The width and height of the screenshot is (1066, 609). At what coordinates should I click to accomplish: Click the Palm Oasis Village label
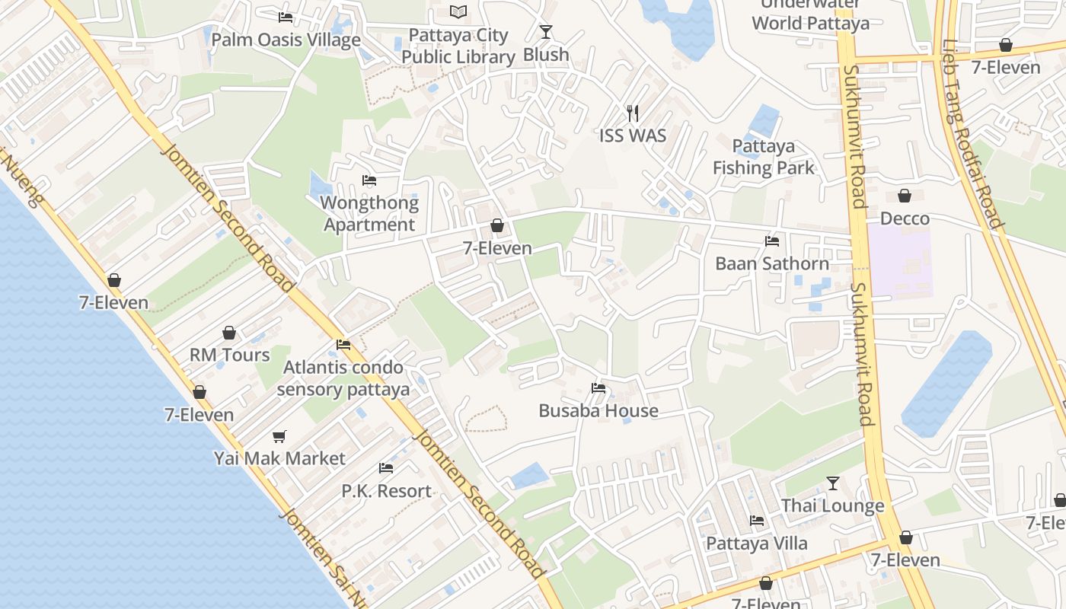(x=286, y=40)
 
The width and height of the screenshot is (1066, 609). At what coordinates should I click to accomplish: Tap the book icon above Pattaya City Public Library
(x=458, y=11)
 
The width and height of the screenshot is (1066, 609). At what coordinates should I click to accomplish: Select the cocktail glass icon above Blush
(x=546, y=31)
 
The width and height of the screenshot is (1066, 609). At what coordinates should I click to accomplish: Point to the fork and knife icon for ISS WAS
(x=633, y=113)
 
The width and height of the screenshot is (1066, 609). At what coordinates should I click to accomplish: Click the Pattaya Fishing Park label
(x=764, y=157)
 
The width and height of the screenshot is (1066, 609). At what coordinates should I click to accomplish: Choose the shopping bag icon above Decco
(x=905, y=196)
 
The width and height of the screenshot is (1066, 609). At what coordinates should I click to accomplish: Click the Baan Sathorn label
(x=772, y=263)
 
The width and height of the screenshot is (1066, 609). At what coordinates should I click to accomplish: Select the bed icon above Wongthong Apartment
(x=369, y=180)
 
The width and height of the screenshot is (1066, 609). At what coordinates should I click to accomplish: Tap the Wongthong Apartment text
(x=369, y=214)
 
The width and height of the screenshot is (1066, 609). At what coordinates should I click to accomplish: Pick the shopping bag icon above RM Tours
(x=229, y=333)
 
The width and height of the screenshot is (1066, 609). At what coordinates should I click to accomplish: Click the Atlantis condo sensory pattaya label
(x=343, y=378)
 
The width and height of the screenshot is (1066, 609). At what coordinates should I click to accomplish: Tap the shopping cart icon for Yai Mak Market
(x=279, y=436)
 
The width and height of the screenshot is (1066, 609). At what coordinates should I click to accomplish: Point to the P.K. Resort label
(x=386, y=491)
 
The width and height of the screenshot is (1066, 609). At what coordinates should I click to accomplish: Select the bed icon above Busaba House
(x=598, y=387)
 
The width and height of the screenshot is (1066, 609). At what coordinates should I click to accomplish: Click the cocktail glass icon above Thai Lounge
(x=833, y=483)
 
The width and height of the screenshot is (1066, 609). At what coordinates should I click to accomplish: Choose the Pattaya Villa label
(x=757, y=544)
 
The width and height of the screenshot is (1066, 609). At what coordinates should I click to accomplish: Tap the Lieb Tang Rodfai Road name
(x=972, y=133)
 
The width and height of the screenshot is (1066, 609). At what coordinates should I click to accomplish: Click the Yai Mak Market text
(x=279, y=458)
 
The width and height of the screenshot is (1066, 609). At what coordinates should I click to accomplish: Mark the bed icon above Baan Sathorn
(x=772, y=241)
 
